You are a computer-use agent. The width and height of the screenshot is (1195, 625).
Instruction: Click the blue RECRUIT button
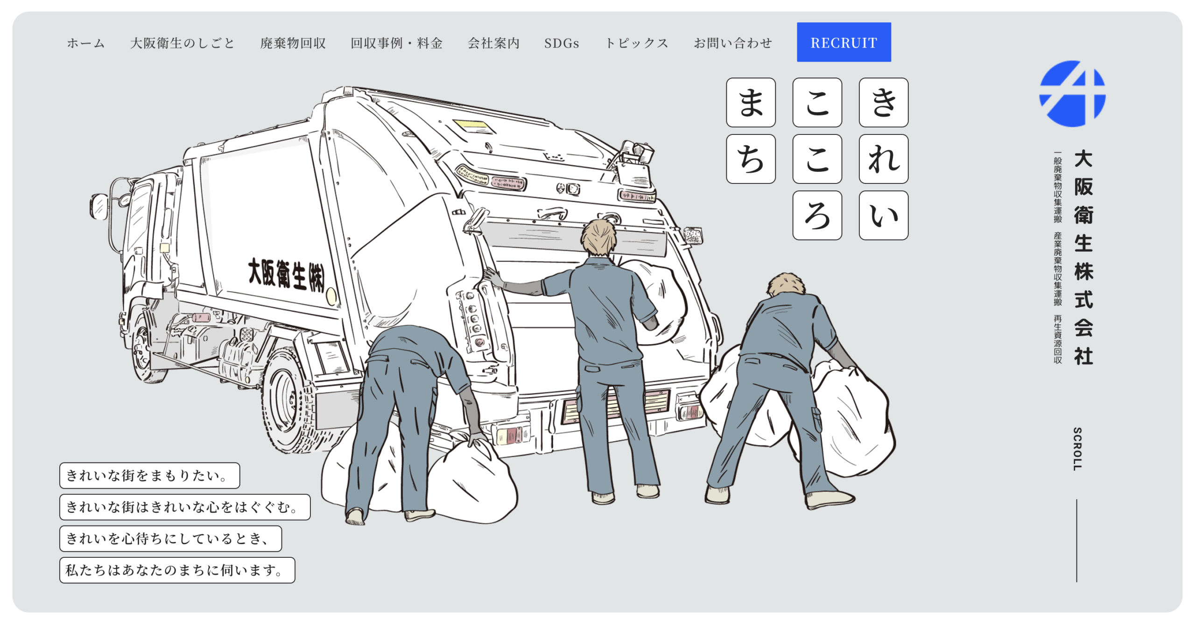(844, 42)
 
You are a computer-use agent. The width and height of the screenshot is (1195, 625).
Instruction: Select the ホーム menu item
(86, 43)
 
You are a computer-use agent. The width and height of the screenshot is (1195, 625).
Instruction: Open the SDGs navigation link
(562, 43)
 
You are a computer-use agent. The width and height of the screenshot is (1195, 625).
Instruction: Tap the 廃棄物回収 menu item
(293, 43)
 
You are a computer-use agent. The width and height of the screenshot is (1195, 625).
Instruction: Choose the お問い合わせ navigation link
(733, 43)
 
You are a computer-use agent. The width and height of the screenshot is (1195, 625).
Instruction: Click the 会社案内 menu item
(493, 43)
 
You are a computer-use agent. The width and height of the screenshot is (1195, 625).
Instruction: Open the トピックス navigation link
(637, 43)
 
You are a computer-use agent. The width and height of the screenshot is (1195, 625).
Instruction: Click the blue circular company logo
(1072, 93)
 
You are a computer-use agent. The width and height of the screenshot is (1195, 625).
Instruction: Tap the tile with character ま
(751, 102)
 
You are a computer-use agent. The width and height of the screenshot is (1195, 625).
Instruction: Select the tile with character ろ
(817, 215)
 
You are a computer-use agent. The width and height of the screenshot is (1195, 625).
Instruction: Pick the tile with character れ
(883, 159)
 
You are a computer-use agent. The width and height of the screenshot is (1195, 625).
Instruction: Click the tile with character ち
(751, 159)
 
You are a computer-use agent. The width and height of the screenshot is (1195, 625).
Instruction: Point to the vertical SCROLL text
(1077, 449)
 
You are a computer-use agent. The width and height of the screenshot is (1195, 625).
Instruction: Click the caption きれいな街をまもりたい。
(149, 476)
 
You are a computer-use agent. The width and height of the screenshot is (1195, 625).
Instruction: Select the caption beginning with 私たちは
(177, 570)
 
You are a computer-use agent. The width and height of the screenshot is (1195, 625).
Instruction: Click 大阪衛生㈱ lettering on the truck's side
(286, 274)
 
